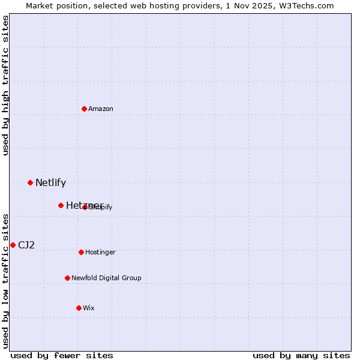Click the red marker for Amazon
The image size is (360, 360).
(84, 109)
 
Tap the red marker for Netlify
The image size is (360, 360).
(30, 182)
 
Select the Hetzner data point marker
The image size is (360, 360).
(61, 205)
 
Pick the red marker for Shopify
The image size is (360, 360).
(85, 207)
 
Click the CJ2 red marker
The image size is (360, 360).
(13, 245)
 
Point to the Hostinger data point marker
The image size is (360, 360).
(81, 252)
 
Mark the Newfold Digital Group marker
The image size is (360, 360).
(67, 278)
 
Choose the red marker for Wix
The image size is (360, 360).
(79, 308)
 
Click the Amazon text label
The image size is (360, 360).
(101, 109)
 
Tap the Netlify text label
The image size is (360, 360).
(50, 182)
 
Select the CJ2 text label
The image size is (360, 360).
(26, 245)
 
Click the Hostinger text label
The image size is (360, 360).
(100, 252)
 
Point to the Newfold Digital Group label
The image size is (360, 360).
(106, 278)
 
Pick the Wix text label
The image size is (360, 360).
(89, 308)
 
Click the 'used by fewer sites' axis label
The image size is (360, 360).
(62, 355)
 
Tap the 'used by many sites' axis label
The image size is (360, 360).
(301, 355)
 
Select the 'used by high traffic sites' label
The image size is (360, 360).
(6, 85)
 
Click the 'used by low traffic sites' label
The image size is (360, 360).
(6, 280)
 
